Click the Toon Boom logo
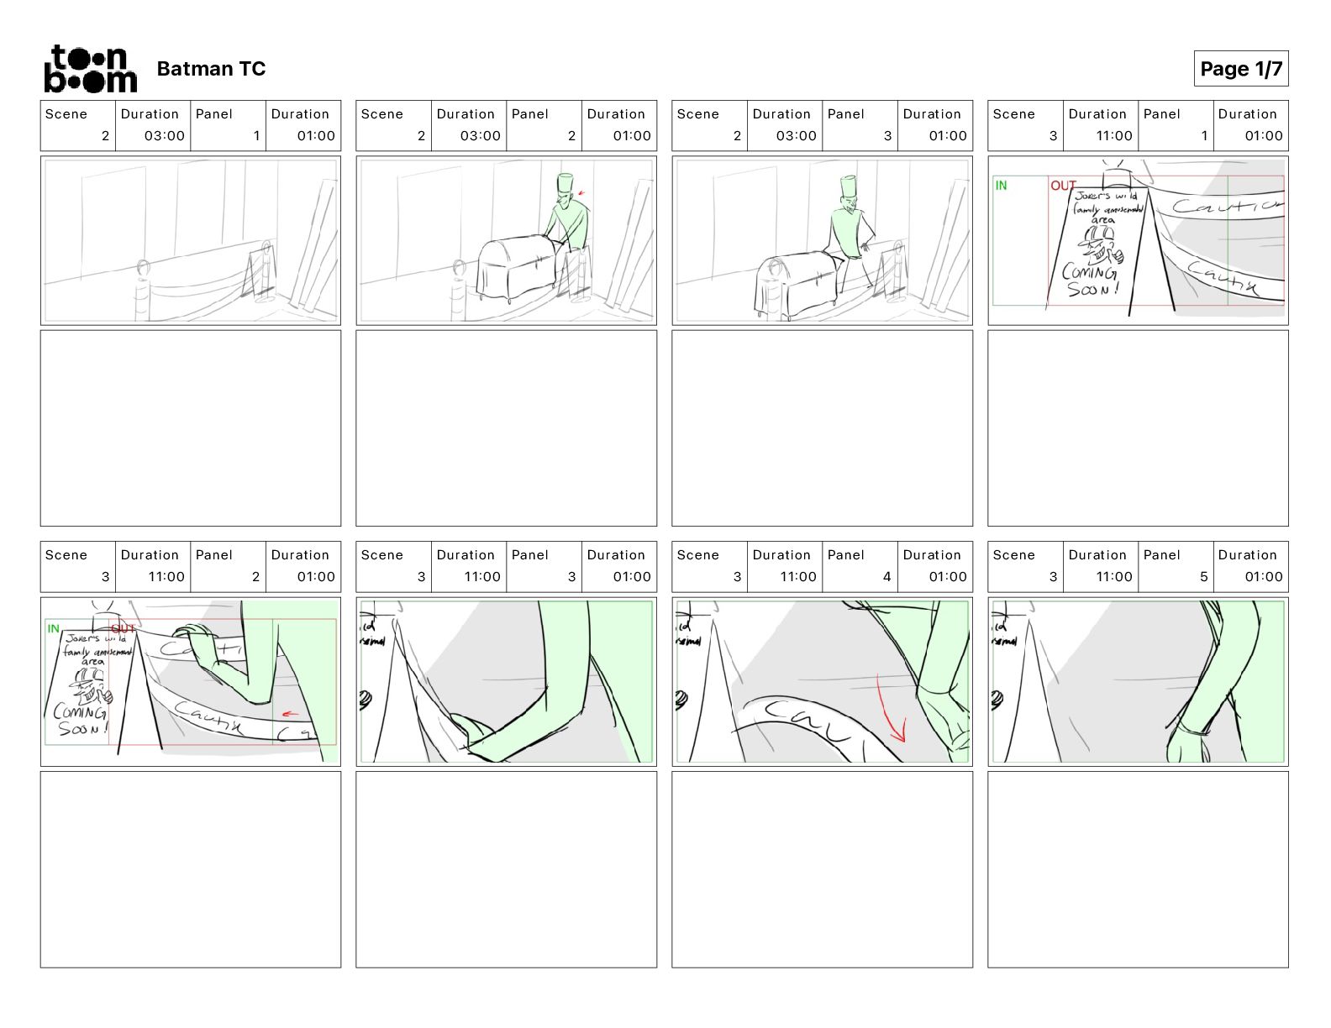[90, 69]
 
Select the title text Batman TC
[211, 69]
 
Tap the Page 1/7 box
[1240, 69]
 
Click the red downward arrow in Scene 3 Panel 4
[890, 711]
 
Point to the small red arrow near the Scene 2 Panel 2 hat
[581, 193]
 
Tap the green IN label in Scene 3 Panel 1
[1001, 186]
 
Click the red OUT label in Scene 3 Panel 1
[1062, 186]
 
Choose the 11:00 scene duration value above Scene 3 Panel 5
[1113, 577]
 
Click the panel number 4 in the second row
[886, 577]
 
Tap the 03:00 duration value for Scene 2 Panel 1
[164, 136]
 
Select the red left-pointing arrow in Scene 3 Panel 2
[290, 715]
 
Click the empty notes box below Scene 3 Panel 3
[506, 869]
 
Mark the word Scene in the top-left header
[66, 114]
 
